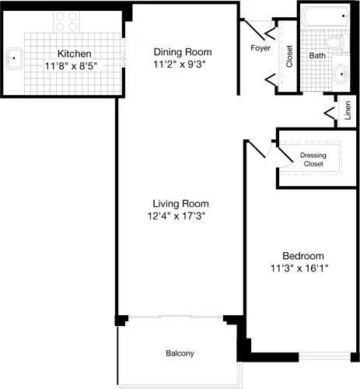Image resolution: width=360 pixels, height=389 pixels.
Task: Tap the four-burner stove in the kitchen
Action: tap(67, 21)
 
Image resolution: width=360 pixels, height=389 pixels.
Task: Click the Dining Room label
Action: tap(182, 53)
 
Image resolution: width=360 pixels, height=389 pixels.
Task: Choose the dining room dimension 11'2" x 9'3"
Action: tap(182, 66)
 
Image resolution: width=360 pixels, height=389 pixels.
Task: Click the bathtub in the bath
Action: tap(327, 17)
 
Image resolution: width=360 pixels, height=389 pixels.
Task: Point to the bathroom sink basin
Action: tap(343, 75)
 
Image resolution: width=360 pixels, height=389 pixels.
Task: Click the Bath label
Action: tap(317, 56)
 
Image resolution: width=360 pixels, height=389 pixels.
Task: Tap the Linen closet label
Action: tap(348, 111)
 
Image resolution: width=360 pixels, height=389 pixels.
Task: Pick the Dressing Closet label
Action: tap(313, 160)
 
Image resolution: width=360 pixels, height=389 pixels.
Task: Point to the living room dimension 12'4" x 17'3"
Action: tap(180, 216)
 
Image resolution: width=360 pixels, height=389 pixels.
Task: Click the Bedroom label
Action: tap(302, 255)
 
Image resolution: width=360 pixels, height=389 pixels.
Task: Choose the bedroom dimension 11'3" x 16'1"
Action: tap(302, 269)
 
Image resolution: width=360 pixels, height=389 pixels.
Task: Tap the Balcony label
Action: tap(180, 354)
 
